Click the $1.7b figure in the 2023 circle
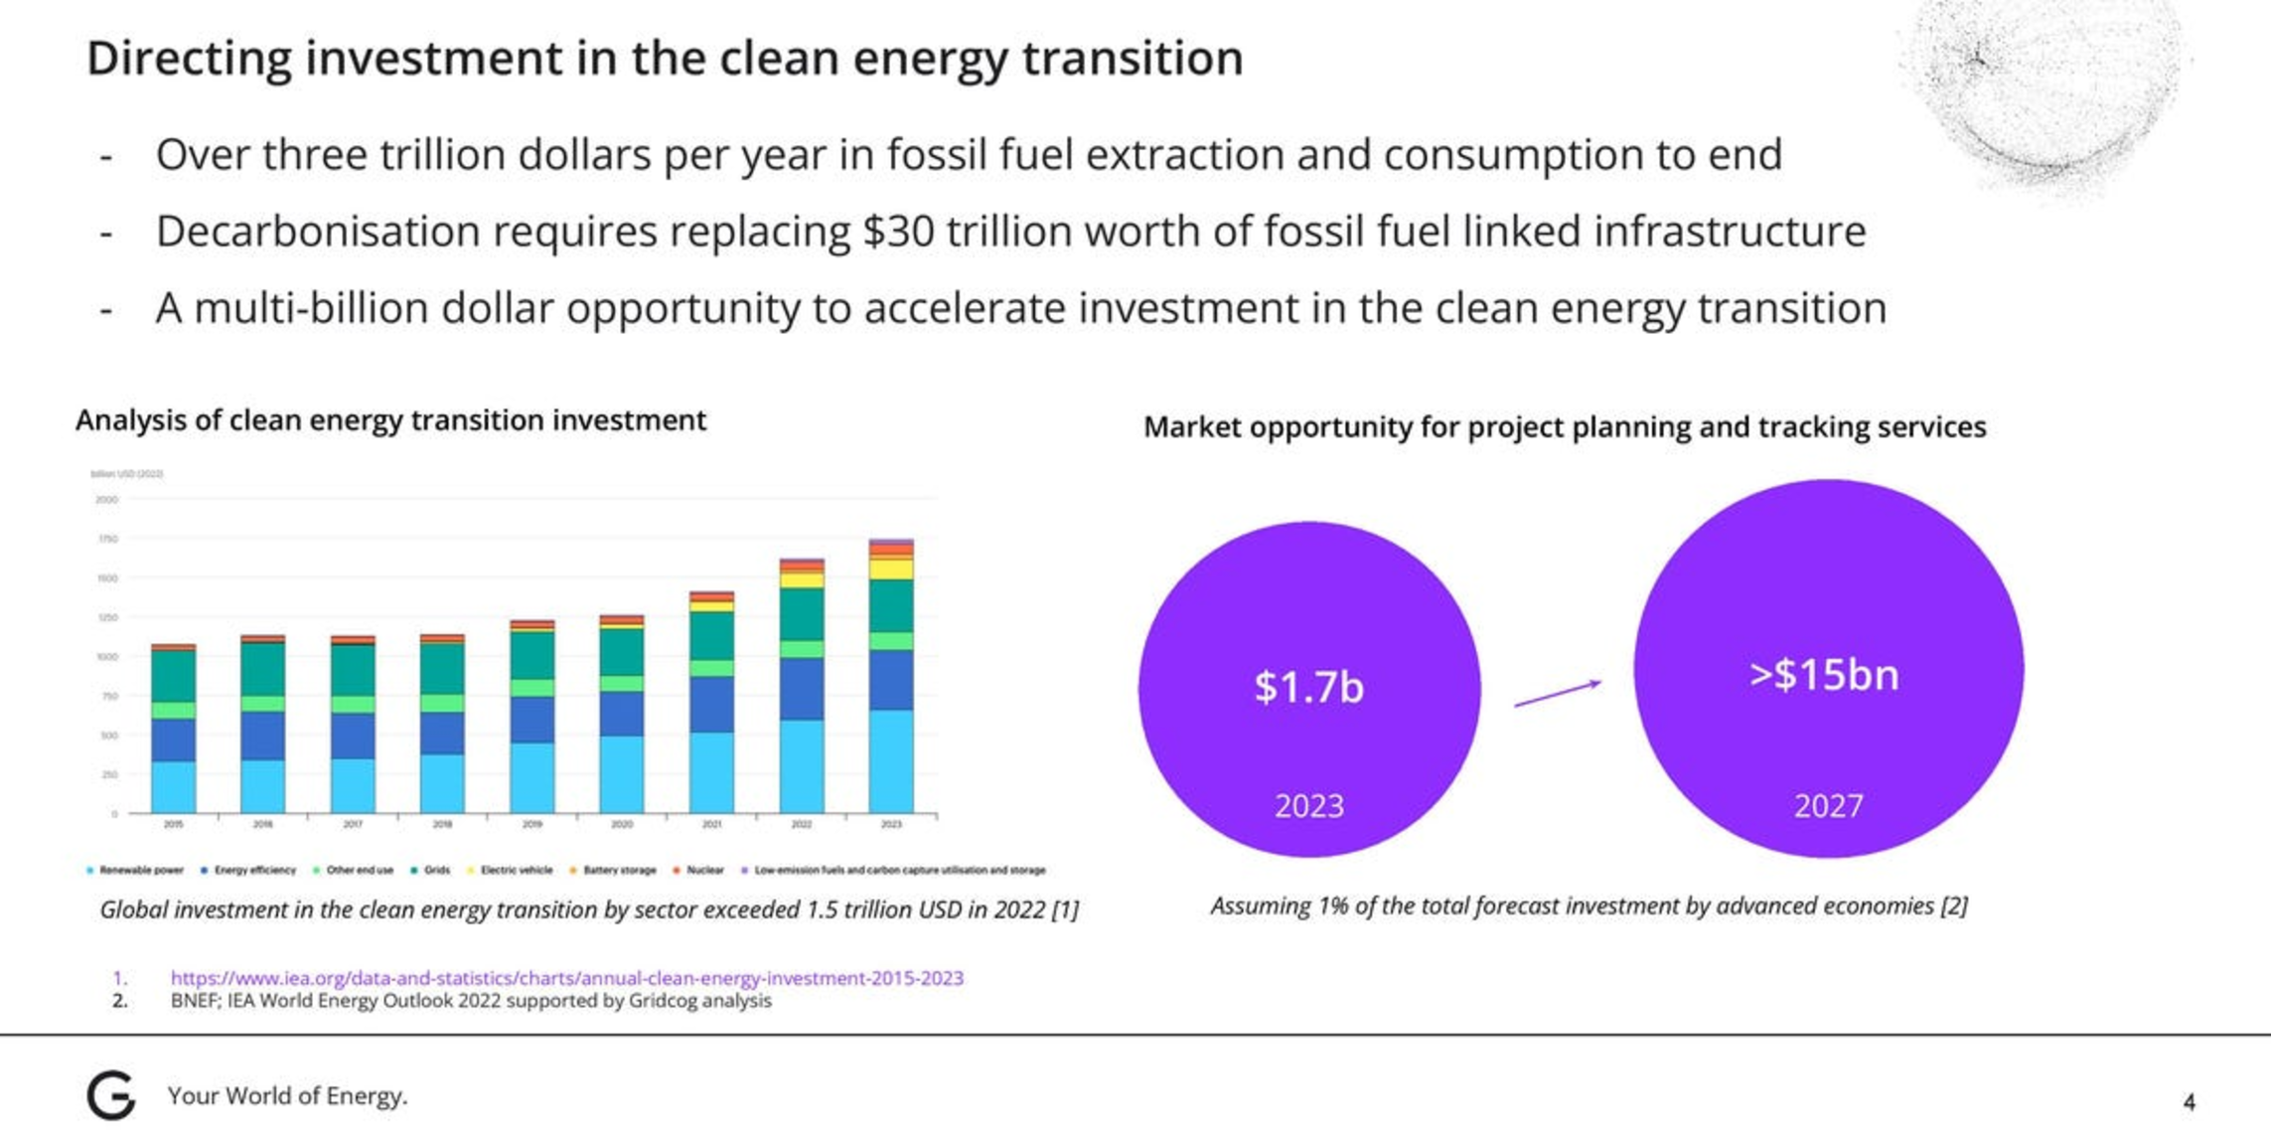point(1308,687)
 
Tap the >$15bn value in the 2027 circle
point(1824,675)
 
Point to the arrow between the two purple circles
point(1557,693)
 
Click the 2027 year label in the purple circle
point(1828,805)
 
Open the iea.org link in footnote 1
point(566,978)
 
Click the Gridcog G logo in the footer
point(110,1095)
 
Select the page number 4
point(2189,1101)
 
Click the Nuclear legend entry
point(704,871)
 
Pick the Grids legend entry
point(436,871)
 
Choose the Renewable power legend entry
point(140,871)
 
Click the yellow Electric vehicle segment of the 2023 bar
point(891,568)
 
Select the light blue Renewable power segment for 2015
point(174,787)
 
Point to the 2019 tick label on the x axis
point(532,825)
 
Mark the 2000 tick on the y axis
point(106,500)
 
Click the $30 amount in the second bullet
point(898,232)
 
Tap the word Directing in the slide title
point(189,58)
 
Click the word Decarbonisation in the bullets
point(318,232)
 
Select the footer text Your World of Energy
point(287,1095)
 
